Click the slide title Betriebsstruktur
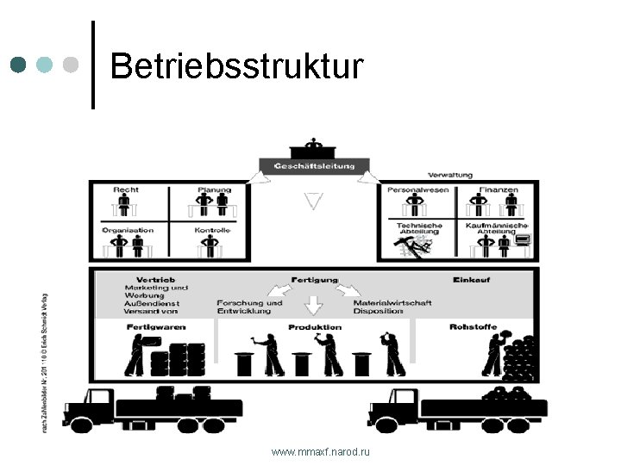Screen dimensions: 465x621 point(237,65)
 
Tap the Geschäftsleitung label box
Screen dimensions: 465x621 point(313,164)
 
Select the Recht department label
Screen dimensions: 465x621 point(126,189)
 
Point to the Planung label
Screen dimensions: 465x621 point(214,189)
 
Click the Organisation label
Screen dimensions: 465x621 point(128,230)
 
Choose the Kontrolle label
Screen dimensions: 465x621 point(212,230)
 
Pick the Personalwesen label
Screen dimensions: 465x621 point(418,189)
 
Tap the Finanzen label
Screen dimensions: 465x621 point(499,189)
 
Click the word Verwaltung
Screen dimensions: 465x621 point(450,175)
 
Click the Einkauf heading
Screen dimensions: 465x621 point(471,280)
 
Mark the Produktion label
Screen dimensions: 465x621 point(315,327)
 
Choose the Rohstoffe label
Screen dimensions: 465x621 point(472,327)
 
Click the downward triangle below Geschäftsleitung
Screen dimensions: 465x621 point(313,201)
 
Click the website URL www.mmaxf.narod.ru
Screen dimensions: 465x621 point(320,452)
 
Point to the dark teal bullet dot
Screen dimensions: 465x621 point(20,65)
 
